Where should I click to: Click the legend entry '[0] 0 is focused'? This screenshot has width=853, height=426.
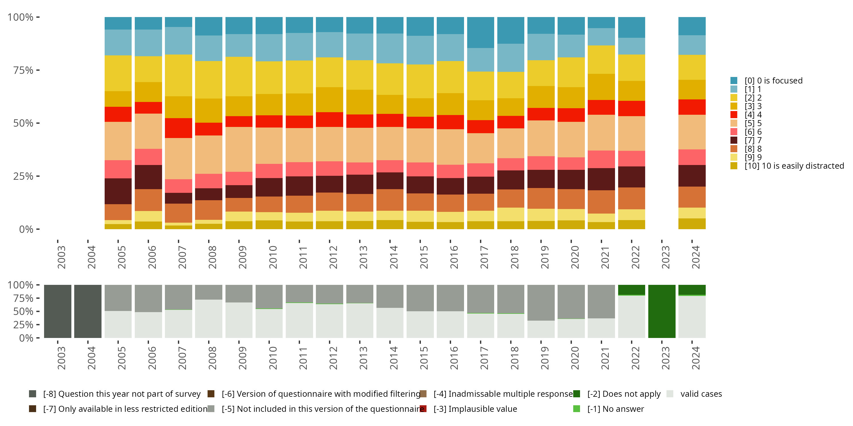click(773, 81)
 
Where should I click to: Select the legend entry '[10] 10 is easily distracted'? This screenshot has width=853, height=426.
click(794, 166)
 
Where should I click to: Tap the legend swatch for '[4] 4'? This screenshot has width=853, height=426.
click(734, 115)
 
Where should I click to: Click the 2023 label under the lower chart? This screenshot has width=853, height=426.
click(666, 358)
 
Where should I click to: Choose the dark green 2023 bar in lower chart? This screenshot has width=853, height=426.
click(662, 311)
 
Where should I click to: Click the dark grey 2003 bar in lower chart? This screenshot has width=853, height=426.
click(58, 311)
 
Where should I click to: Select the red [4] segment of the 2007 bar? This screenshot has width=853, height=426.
click(179, 128)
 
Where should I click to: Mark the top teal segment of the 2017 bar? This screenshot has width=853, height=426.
click(481, 32)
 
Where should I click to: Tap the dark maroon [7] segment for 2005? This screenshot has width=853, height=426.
click(118, 191)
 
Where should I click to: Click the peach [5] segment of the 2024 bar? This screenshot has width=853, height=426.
click(692, 132)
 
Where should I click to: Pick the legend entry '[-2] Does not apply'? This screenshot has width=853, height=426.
click(624, 394)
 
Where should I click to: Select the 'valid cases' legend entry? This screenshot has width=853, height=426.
click(701, 394)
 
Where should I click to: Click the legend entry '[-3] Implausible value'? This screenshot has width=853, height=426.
click(475, 409)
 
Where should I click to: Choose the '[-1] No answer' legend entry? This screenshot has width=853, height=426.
click(615, 409)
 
